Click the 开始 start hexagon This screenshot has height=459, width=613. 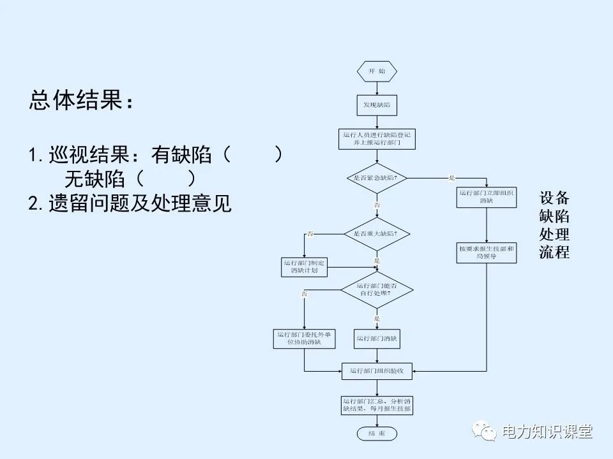(377, 71)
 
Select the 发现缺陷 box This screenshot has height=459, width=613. (377, 105)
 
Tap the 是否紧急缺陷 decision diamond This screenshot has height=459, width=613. (377, 177)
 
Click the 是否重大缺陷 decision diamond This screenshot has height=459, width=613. (377, 234)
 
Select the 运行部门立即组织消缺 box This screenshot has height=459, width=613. (487, 196)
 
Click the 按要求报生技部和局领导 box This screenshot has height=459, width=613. (487, 252)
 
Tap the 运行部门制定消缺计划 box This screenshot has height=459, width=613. (305, 266)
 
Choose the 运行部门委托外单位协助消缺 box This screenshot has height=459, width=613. (305, 338)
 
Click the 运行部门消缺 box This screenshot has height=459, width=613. (377, 338)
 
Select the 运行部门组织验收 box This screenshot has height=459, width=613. (377, 370)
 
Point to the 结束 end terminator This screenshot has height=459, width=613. (377, 433)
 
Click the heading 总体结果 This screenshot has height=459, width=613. (82, 101)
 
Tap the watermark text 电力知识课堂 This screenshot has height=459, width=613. (547, 432)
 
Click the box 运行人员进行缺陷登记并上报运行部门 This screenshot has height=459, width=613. (377, 138)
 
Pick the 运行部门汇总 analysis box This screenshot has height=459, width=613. (377, 405)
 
